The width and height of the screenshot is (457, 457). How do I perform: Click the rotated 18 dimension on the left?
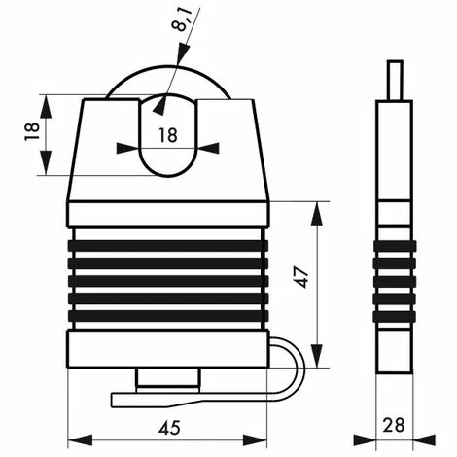point(32,131)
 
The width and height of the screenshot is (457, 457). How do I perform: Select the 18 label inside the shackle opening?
point(168,135)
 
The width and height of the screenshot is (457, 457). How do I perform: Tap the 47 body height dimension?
point(301,277)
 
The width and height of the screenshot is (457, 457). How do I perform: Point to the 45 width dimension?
point(169,428)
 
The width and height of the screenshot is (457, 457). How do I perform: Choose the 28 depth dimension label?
point(394,425)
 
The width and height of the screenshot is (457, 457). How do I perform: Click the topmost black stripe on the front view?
point(168,246)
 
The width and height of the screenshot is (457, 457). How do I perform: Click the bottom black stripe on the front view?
point(168,316)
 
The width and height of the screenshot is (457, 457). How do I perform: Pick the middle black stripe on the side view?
point(395,281)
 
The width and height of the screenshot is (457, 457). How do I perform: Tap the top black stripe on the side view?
point(395,246)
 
